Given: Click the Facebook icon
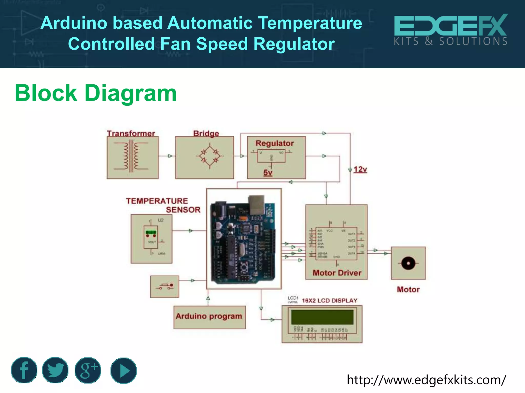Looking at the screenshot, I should pos(24,370).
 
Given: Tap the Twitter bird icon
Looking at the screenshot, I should pos(55,370).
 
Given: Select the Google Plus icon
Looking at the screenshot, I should pos(88,370).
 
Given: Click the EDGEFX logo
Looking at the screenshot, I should pos(450,30).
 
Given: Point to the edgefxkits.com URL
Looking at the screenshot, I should pos(426,380).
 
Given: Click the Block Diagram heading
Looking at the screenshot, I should pos(96,93).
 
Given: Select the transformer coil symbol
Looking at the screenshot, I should pos(131,156).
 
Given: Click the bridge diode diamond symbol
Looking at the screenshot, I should pos(210,156).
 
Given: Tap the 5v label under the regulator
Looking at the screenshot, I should pos(268,172).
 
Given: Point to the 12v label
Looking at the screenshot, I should pos(360,169).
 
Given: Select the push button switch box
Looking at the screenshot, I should pos(165,287).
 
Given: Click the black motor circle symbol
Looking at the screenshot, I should pos(408,263).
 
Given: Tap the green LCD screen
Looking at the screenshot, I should pos(322,317).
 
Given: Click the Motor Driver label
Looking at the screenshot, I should pos(337,273).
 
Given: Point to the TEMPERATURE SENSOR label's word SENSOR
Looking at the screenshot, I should pos(183,210).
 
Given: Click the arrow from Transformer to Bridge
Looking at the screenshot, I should pos(170,156).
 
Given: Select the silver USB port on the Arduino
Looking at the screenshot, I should pos(256,205).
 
